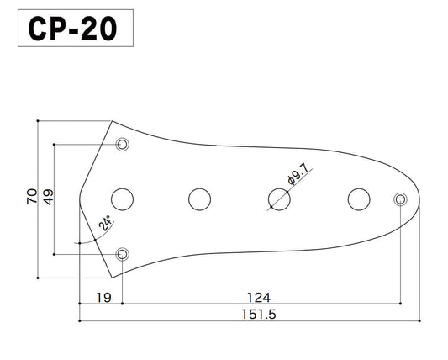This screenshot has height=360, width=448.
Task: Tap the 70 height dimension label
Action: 31,199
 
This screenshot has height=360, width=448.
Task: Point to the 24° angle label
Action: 105,224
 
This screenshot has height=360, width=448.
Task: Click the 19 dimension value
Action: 100,298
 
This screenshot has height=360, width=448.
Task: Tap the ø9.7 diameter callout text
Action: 299,173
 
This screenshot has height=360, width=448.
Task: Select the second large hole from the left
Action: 199,199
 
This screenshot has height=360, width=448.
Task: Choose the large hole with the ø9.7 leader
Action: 278,199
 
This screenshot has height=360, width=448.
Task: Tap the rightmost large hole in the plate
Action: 359,199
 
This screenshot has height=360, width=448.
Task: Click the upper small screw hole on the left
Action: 123,145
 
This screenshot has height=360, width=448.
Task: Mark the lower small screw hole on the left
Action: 123,253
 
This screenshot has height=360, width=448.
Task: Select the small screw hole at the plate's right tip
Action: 399,199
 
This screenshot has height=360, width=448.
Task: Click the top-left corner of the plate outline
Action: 113,121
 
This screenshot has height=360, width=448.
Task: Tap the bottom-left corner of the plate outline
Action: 113,278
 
